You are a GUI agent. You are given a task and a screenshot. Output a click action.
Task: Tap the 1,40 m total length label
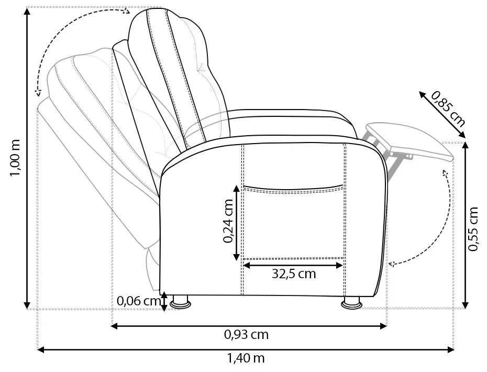click(x=246, y=358)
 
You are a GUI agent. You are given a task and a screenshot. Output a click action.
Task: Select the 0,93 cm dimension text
click(x=246, y=334)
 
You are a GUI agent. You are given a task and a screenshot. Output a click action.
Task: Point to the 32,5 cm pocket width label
click(x=294, y=274)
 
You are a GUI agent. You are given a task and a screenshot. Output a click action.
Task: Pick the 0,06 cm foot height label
click(x=139, y=301)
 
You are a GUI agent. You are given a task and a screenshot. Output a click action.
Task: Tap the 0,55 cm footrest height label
click(x=473, y=228)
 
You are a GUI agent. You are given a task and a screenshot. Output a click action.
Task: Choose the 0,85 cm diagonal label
click(x=448, y=109)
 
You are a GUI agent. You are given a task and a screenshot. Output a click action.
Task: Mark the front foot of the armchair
click(x=351, y=303)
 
